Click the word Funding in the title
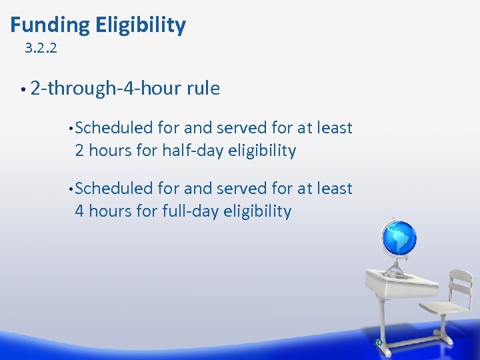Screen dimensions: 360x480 (x=50, y=25)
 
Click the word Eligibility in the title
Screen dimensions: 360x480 (x=141, y=25)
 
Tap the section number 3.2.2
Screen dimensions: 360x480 (x=41, y=48)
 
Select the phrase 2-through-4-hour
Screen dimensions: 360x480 (x=106, y=89)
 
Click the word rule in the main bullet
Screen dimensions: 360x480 (x=203, y=89)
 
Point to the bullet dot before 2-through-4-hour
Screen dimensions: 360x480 (x=23, y=89)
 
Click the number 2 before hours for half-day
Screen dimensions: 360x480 (x=79, y=151)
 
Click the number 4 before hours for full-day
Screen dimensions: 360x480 (x=79, y=212)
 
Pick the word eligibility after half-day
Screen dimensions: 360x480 (x=261, y=151)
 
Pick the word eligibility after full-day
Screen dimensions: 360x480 (x=257, y=212)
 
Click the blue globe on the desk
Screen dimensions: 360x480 (x=399, y=238)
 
